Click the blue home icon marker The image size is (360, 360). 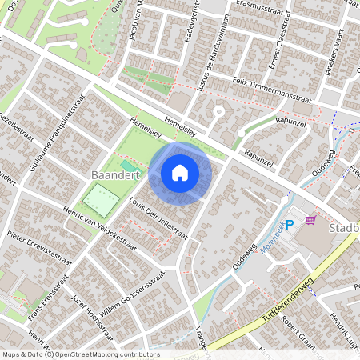click(x=180, y=173)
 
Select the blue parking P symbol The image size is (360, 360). click(x=290, y=225)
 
